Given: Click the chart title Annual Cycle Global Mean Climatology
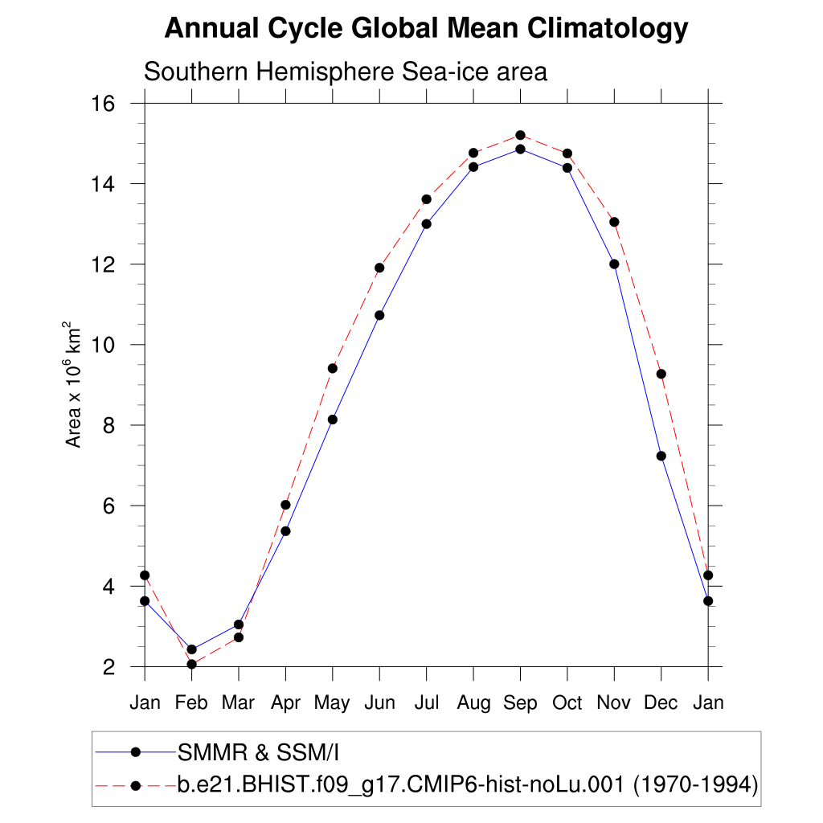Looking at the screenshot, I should [426, 29].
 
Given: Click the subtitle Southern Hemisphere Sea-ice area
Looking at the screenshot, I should [345, 72].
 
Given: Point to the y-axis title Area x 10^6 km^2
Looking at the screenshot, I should [73, 385].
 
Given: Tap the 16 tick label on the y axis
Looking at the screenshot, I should [105, 104].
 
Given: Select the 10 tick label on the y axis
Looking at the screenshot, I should [105, 345].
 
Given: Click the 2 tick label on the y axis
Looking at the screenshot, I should [111, 666].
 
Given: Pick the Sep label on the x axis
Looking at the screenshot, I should [520, 703].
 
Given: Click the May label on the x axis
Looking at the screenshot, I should [332, 703].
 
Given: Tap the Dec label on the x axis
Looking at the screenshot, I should [661, 703].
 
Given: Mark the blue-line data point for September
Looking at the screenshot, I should [520, 149].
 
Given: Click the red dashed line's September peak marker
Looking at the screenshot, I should [520, 135].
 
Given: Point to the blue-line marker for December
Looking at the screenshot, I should [661, 456].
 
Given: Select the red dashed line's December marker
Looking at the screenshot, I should [661, 374].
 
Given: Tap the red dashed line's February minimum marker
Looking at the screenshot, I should [191, 664].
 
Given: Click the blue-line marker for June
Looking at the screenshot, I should [379, 315].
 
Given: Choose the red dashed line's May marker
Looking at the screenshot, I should [332, 368].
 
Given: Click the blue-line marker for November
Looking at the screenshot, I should [614, 264].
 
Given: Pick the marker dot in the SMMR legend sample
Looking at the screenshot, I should [136, 752].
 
